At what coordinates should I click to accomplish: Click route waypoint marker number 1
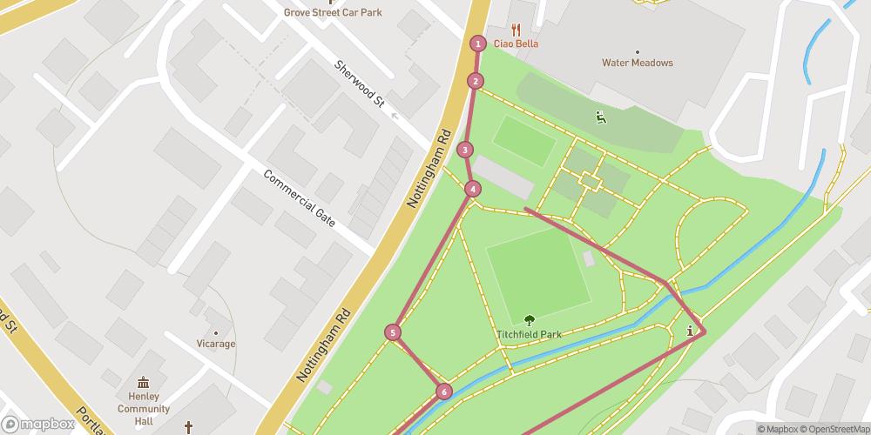477,43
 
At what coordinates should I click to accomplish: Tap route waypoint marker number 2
475,81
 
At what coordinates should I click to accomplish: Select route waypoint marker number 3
466,150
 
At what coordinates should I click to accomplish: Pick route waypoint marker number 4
472,189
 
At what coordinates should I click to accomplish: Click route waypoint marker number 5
394,331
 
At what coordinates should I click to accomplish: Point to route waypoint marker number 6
444,392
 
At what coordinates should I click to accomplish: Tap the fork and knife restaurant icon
516,29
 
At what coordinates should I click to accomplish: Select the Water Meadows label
638,63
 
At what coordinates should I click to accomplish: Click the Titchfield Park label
529,334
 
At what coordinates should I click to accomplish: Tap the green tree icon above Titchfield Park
529,320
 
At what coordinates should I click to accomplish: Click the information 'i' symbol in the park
691,331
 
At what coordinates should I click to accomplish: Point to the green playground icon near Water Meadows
601,117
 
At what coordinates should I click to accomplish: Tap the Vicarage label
215,344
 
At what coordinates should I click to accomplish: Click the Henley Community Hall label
144,403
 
